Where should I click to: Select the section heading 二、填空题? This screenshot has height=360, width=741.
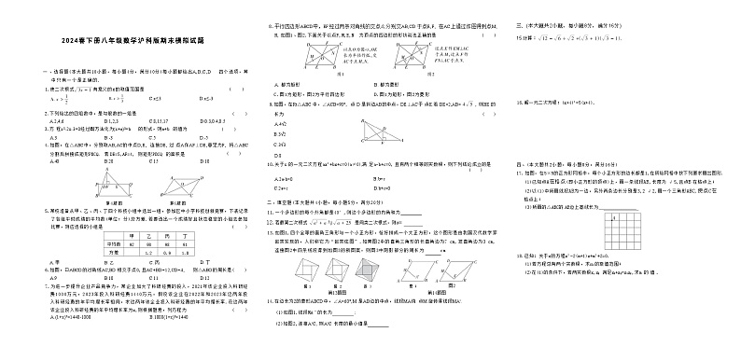(274, 201)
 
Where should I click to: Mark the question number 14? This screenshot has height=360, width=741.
(268, 301)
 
